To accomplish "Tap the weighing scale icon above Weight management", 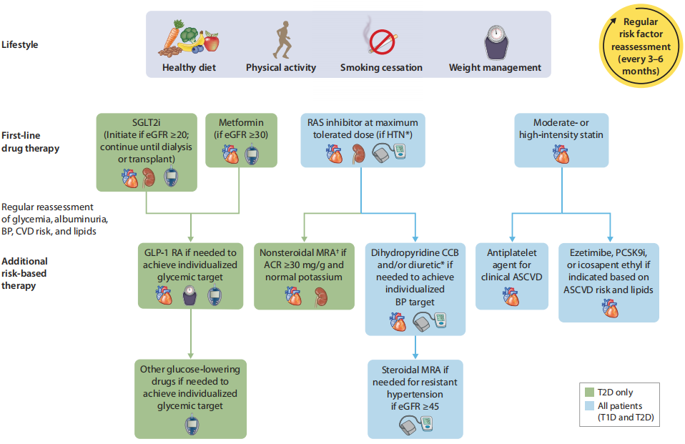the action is (x=496, y=42).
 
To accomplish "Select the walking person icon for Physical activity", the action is (x=282, y=40).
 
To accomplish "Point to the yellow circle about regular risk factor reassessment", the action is (x=641, y=46).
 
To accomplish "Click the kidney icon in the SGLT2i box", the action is (x=149, y=178).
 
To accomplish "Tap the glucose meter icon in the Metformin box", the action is (x=252, y=154).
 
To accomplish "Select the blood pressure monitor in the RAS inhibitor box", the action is (x=389, y=153).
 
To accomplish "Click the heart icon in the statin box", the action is (x=561, y=154).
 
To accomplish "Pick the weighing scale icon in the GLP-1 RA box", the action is (x=189, y=295).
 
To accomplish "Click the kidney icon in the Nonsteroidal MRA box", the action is (x=321, y=296).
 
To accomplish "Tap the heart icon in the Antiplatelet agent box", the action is (x=511, y=296).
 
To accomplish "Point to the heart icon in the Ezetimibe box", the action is (x=610, y=308).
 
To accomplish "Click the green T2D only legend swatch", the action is (x=589, y=392).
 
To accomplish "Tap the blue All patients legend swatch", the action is (x=589, y=405).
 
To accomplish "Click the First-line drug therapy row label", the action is (x=30, y=142).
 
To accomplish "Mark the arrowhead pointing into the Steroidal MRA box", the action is (x=415, y=356).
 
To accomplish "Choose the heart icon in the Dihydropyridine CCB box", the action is (x=398, y=322).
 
